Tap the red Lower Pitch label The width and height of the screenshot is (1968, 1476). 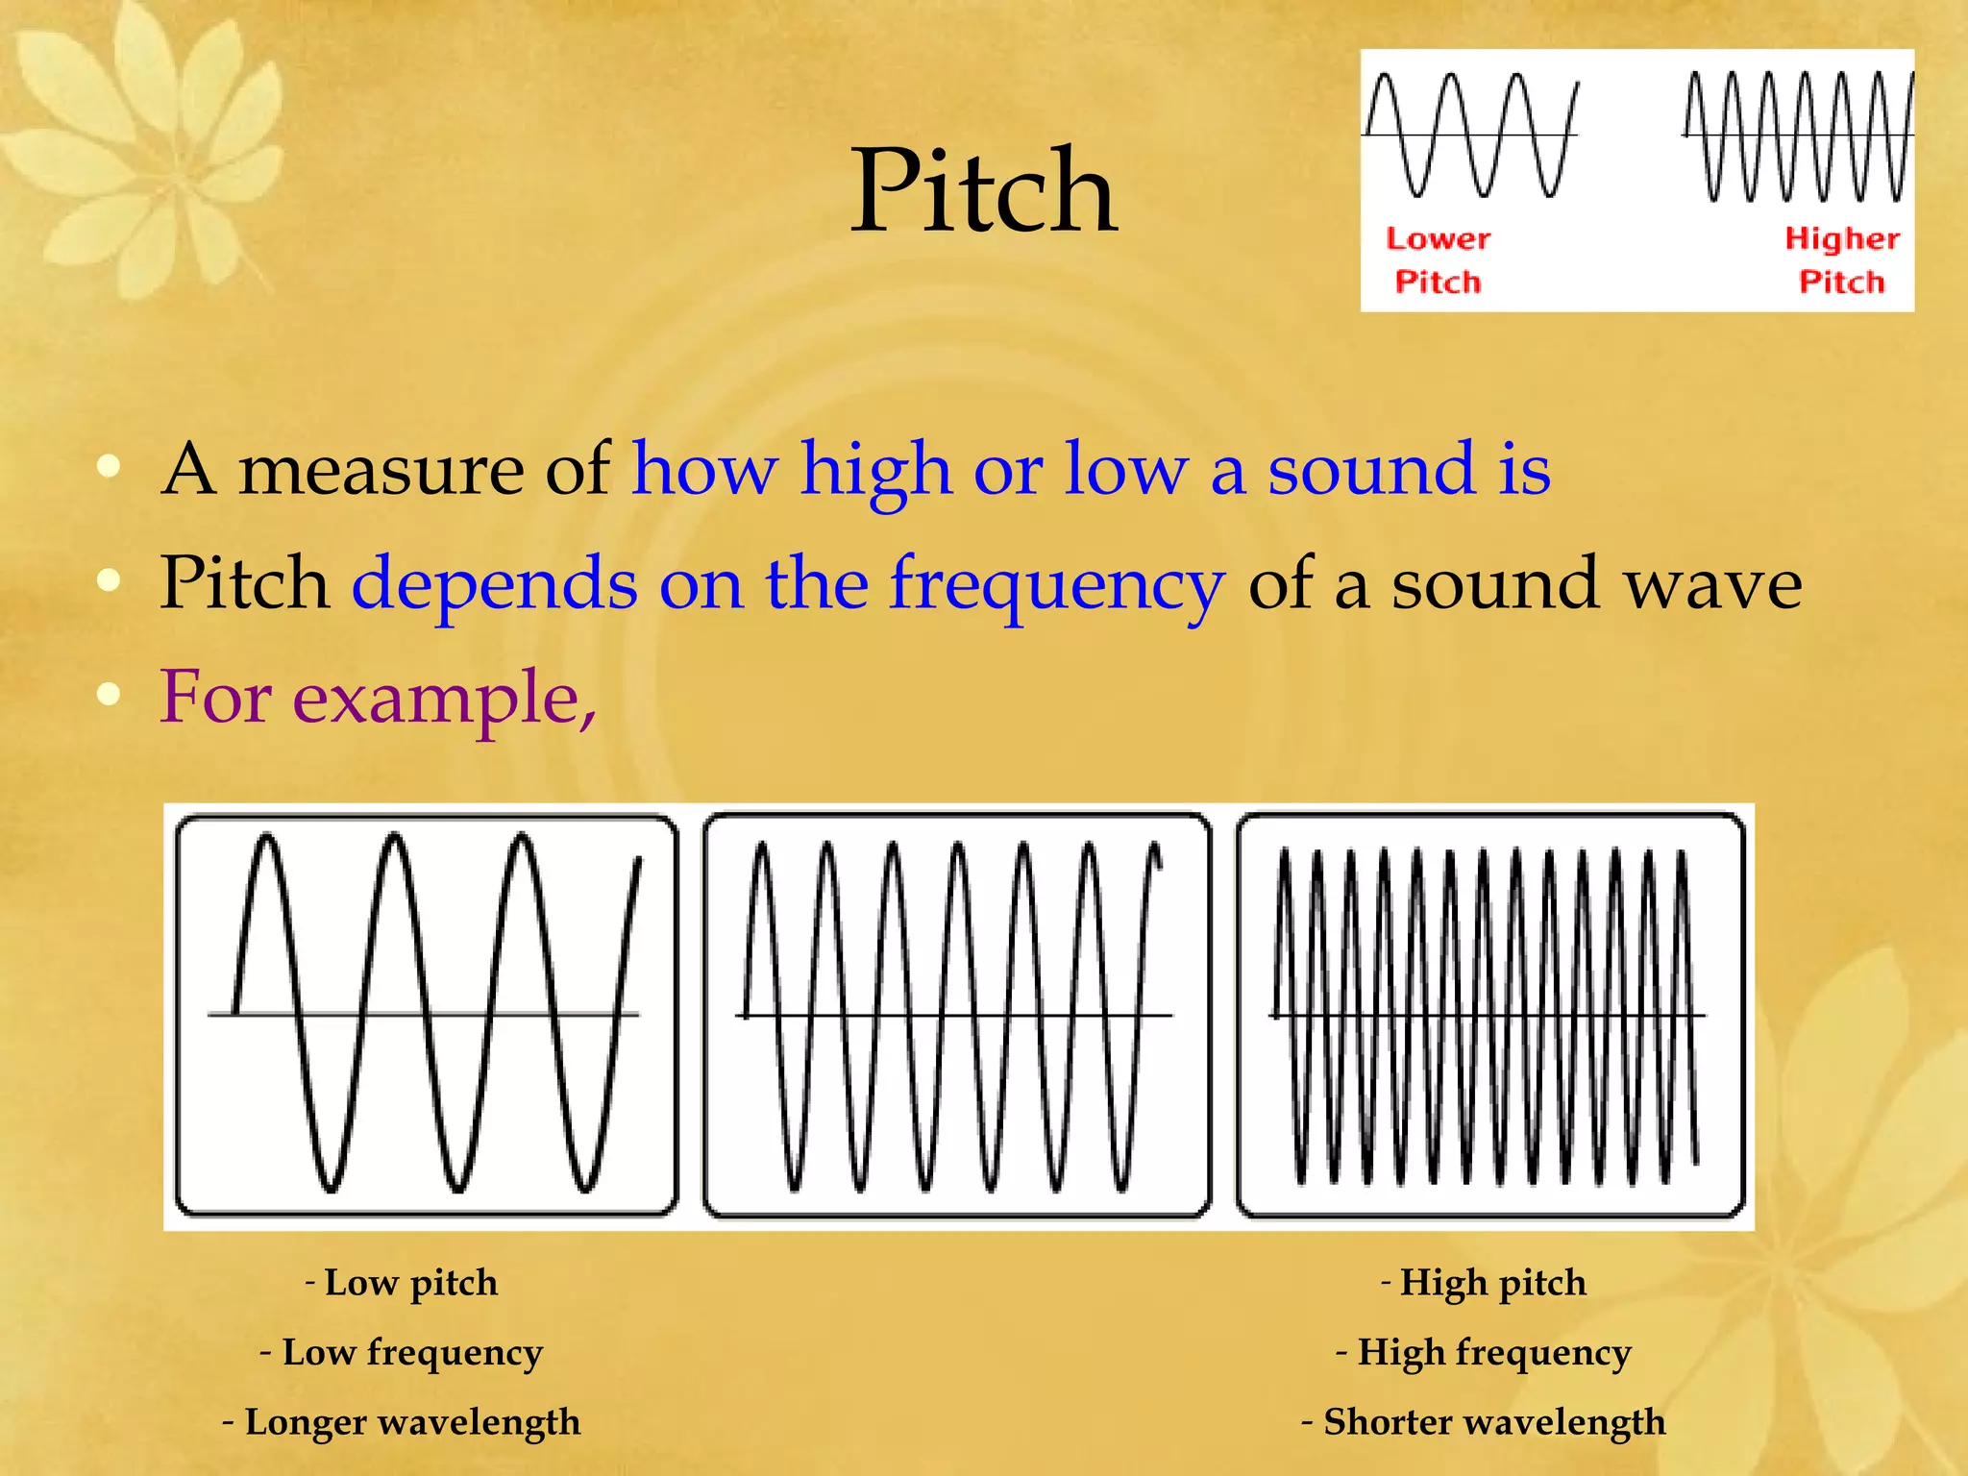(x=1438, y=259)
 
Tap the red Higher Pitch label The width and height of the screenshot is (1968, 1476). (x=1842, y=259)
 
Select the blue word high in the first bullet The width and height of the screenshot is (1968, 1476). (x=875, y=470)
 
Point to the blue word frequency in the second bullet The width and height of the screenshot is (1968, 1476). (x=1057, y=584)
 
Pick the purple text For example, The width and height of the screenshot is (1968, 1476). (x=378, y=697)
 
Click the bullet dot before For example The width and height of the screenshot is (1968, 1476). (x=110, y=694)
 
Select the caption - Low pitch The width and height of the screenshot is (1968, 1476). (x=402, y=1283)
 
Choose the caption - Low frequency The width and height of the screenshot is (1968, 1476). (x=402, y=1353)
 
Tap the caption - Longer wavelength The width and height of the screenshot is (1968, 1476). (x=402, y=1422)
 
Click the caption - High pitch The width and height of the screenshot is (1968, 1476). (x=1484, y=1283)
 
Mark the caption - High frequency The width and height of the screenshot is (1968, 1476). (x=1484, y=1353)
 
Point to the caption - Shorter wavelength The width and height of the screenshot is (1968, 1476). (x=1484, y=1422)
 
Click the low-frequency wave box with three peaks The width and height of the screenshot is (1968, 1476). (x=426, y=1015)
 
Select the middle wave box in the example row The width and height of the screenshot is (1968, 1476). (x=957, y=1015)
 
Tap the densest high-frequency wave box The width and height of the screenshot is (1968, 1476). (x=1489, y=1015)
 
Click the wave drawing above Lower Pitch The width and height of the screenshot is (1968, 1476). (x=1470, y=135)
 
